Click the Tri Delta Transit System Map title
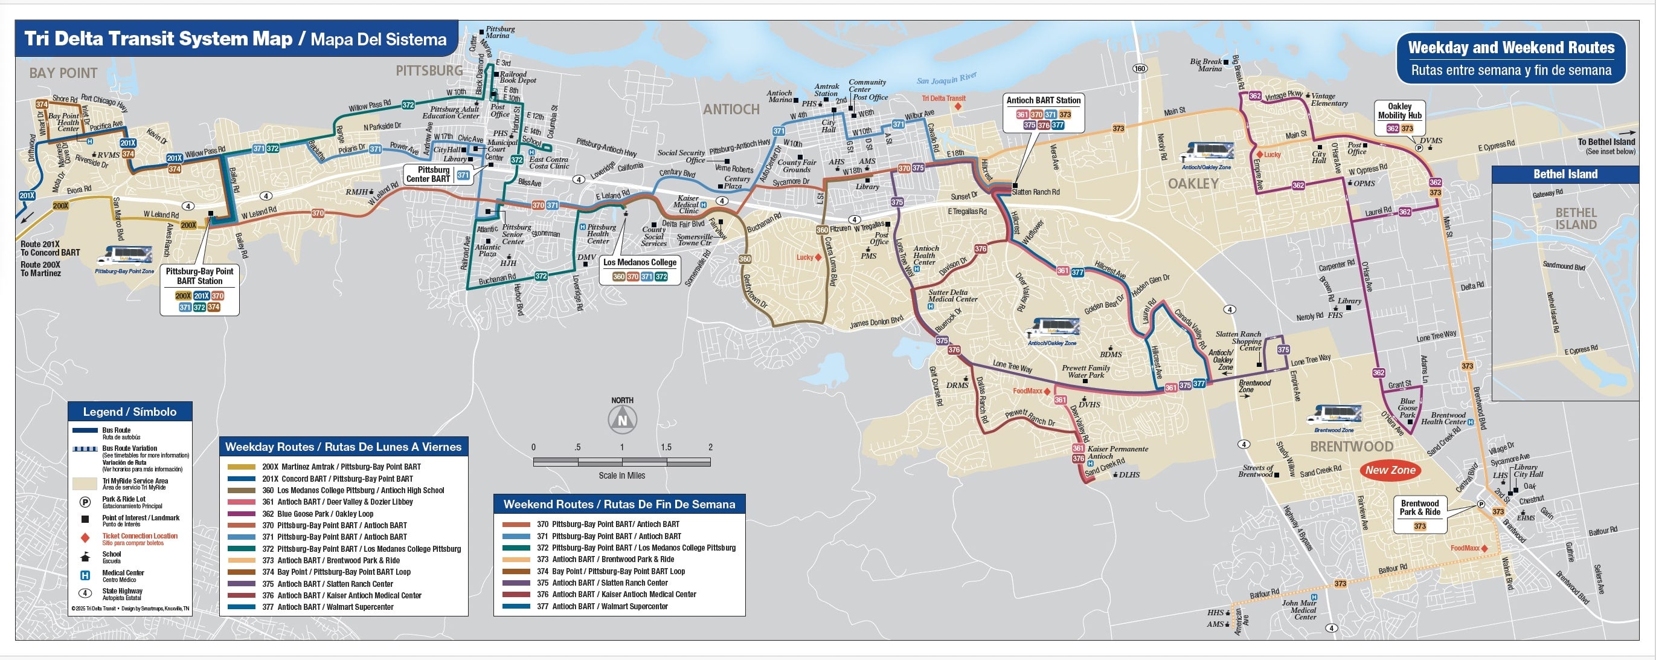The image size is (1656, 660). click(236, 39)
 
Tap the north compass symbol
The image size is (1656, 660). click(621, 420)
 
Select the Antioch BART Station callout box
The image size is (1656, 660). click(1043, 112)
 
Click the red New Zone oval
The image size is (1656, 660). click(1390, 470)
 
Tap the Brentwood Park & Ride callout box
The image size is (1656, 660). click(1419, 514)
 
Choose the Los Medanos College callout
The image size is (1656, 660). click(639, 269)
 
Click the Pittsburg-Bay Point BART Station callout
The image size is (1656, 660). click(199, 289)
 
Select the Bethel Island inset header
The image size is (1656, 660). click(1565, 174)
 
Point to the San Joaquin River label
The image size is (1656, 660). click(946, 79)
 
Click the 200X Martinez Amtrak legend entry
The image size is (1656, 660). click(341, 467)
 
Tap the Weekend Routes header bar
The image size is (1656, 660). click(618, 504)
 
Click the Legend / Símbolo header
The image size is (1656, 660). click(130, 412)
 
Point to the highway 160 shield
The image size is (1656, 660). click(1139, 69)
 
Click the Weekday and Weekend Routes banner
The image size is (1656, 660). click(1510, 59)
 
